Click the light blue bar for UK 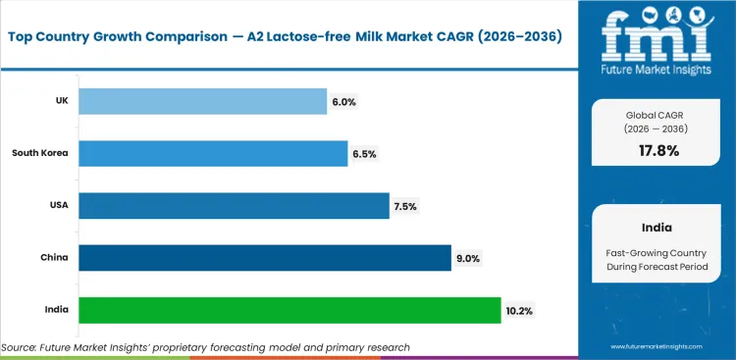click(202, 101)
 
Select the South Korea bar click(213, 153)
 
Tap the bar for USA click(234, 205)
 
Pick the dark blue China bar click(264, 257)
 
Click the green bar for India click(289, 310)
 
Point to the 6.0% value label click(343, 101)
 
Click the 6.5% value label click(364, 154)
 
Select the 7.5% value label click(405, 206)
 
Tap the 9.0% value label click(468, 258)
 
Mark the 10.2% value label click(520, 310)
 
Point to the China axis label click(55, 258)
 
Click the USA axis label click(57, 206)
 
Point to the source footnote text click(205, 347)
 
